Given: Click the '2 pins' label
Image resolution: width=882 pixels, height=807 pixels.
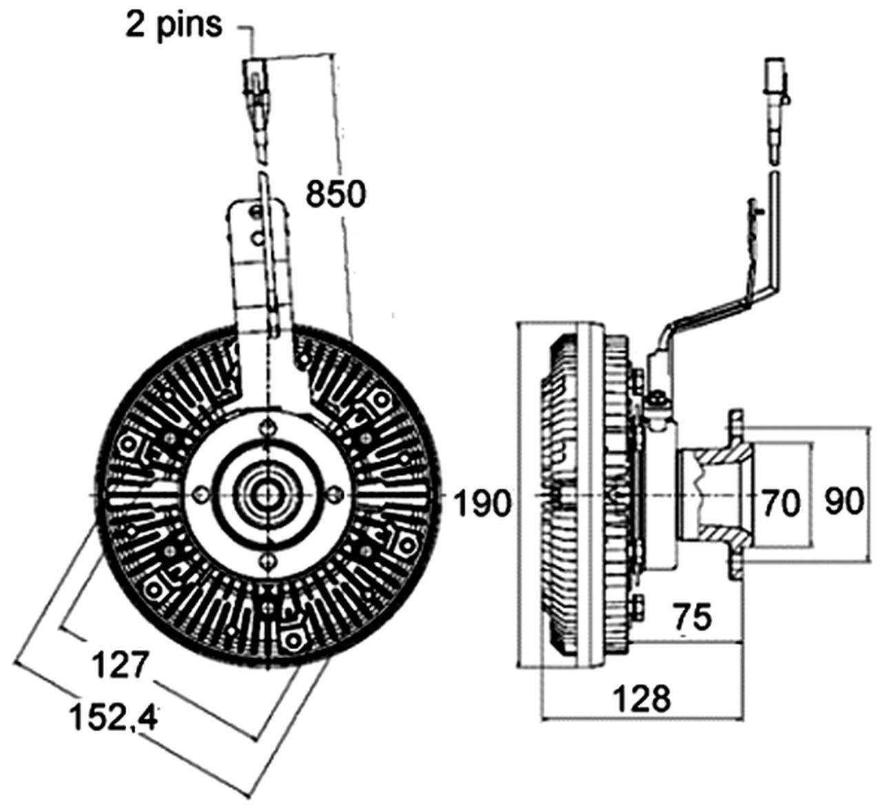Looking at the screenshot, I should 174,25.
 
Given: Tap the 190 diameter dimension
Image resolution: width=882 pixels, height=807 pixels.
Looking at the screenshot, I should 483,503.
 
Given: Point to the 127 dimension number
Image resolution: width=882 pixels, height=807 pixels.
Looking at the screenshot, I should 121,666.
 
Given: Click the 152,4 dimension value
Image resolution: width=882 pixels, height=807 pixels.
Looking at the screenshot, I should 114,717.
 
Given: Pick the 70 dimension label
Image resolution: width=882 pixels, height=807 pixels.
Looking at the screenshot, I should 781,503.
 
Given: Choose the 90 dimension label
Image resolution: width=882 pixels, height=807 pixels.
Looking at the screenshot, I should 844,502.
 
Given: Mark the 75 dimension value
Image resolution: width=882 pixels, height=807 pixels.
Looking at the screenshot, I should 691,617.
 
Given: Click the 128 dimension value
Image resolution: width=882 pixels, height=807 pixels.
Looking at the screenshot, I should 642,699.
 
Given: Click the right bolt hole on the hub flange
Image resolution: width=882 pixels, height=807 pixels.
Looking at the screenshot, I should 334,493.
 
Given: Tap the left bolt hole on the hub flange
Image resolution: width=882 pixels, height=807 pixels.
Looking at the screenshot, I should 201,493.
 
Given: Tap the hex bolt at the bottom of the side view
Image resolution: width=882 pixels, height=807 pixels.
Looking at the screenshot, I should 638,606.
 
